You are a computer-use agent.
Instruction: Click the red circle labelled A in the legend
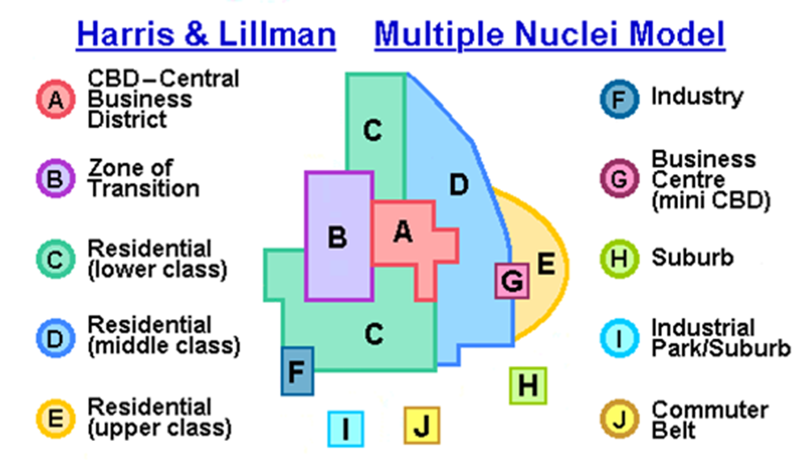click(56, 99)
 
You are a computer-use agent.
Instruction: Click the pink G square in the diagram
click(511, 282)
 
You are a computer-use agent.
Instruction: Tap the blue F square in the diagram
click(298, 371)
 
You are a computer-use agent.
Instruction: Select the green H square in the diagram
click(528, 385)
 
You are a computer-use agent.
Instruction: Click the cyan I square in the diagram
click(346, 429)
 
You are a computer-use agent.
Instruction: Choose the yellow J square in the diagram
click(422, 426)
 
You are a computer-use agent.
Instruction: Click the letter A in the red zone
click(403, 232)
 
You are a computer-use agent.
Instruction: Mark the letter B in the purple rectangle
click(336, 238)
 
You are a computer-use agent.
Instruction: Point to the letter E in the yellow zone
click(546, 263)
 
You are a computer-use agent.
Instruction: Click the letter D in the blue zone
click(458, 185)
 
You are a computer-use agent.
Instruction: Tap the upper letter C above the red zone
click(373, 131)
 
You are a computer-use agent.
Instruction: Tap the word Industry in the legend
click(697, 96)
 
